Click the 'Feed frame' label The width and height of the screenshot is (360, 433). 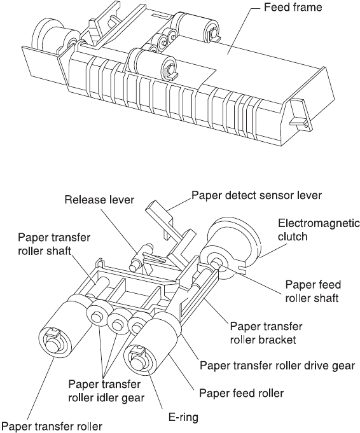[293, 8]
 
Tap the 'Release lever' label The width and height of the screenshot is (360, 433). [99, 200]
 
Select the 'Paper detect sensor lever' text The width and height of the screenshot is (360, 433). [257, 195]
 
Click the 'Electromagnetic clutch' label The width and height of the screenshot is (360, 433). [319, 230]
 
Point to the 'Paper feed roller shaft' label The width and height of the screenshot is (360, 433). [313, 291]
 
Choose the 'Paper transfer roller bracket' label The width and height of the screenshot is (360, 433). [267, 333]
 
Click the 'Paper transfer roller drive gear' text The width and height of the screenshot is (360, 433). [277, 366]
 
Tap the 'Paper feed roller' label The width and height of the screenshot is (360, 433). [242, 393]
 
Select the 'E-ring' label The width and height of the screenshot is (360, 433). [183, 417]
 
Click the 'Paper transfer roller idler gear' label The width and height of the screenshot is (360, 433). [106, 391]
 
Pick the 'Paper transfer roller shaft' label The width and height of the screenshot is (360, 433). [54, 244]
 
